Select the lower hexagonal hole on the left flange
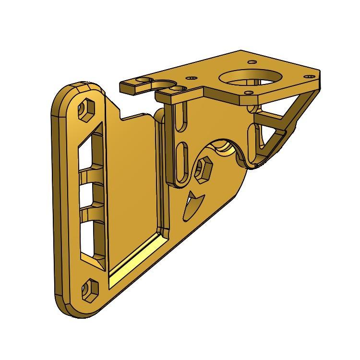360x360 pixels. point(89,289)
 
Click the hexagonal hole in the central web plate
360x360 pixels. point(203,169)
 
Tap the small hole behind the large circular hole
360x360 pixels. point(252,61)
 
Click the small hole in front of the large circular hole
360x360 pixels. point(248,92)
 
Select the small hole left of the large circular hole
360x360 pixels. point(193,77)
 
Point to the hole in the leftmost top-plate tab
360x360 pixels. point(143,80)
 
